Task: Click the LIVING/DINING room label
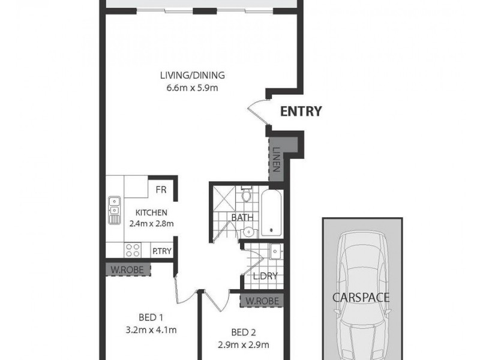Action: click(192, 76)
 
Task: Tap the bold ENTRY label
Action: click(302, 111)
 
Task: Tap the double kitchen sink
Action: click(113, 211)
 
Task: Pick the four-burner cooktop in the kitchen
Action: click(132, 251)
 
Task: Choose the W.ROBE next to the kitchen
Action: click(127, 270)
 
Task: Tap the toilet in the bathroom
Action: click(246, 196)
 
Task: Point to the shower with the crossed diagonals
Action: click(223, 197)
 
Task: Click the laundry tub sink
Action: click(275, 251)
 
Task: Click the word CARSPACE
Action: click(362, 297)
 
